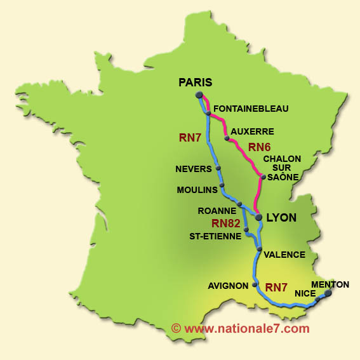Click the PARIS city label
pos(195,82)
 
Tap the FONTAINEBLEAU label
pos(251,109)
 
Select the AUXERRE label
pos(252,132)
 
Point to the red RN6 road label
pos(260,147)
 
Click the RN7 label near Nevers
pos(190,137)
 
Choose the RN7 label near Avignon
pos(276,287)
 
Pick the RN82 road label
pos(226,223)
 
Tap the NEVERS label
pos(194,170)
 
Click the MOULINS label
pos(197,190)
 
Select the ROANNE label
pos(215,210)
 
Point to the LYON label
pos(281,217)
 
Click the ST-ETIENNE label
pos(215,236)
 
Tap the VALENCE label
pos(284,255)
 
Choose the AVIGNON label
pos(228,286)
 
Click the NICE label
pos(305,293)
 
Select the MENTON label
pos(330,284)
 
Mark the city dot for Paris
pos(199,95)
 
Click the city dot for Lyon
pos(259,217)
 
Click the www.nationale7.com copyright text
pos(240,328)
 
